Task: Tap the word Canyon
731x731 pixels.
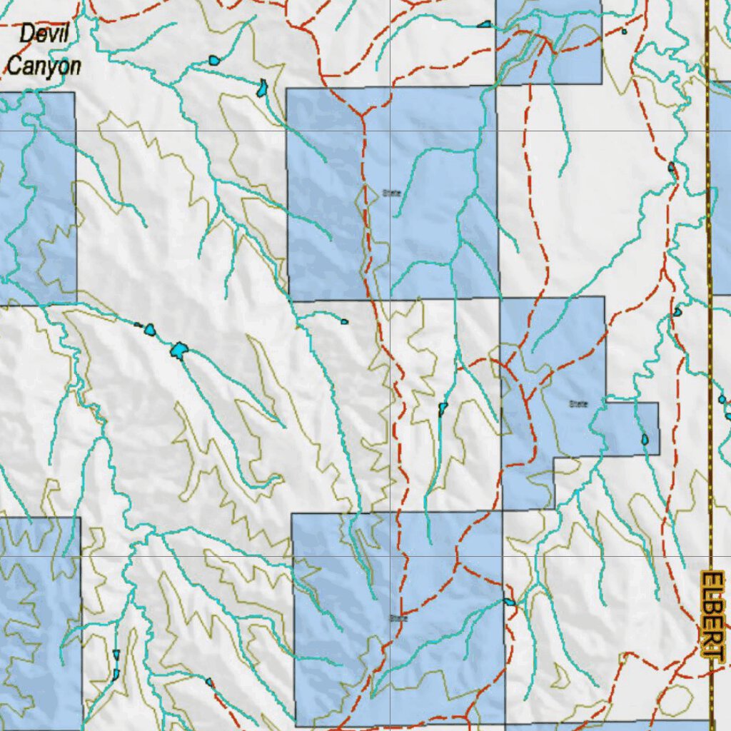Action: [x=44, y=66]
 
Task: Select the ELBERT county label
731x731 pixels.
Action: [x=710, y=614]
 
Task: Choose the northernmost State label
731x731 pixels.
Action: [x=391, y=193]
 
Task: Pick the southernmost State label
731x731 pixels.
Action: [x=398, y=618]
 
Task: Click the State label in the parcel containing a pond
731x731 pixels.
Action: [x=578, y=404]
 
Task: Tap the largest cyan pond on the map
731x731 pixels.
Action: [x=179, y=350]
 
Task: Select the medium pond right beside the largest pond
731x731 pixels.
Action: [x=150, y=330]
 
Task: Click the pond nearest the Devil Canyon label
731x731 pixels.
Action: [x=214, y=61]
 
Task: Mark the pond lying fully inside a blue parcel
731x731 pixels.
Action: [x=645, y=440]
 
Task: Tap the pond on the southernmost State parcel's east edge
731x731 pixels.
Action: [x=509, y=602]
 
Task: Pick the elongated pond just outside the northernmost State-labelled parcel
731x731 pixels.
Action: [x=263, y=89]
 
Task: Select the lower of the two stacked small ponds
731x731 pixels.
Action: [x=115, y=673]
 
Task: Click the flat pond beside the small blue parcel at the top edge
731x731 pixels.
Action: [x=485, y=24]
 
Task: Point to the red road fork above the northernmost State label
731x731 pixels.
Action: [x=363, y=114]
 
